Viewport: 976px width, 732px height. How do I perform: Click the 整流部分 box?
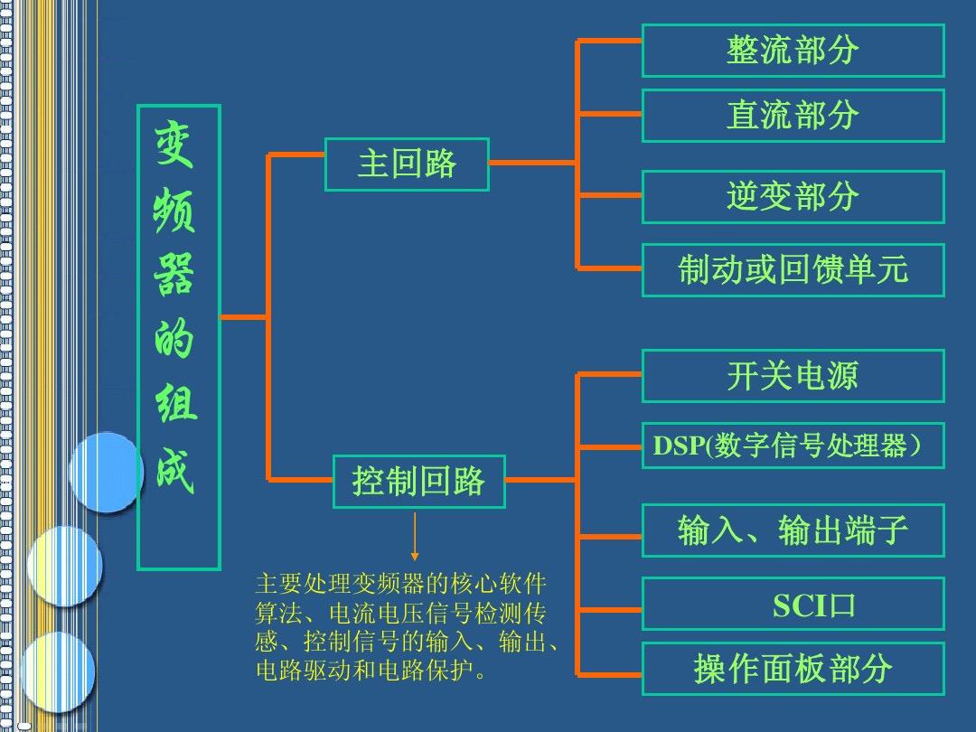pyautogui.click(x=793, y=51)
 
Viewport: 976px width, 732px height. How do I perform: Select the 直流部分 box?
pyautogui.click(x=793, y=116)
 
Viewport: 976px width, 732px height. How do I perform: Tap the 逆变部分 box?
pyautogui.click(x=793, y=197)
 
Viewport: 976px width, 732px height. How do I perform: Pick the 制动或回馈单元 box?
pyautogui.click(x=793, y=270)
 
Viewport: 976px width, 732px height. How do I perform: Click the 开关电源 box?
pyautogui.click(x=793, y=376)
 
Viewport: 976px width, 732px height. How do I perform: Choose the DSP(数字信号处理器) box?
pyautogui.click(x=793, y=446)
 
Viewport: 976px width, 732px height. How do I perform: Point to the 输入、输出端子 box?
pyautogui.click(x=793, y=530)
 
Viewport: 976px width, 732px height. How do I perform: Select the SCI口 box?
pyautogui.click(x=793, y=604)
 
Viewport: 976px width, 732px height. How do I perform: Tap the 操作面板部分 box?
pyautogui.click(x=793, y=669)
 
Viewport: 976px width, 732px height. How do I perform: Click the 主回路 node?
pyautogui.click(x=407, y=164)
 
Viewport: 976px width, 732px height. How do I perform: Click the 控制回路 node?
pyautogui.click(x=419, y=482)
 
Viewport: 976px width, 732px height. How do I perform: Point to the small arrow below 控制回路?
pyautogui.click(x=415, y=536)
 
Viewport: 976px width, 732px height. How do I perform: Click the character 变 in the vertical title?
pyautogui.click(x=174, y=144)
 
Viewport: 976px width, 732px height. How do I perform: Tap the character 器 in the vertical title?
pyautogui.click(x=174, y=274)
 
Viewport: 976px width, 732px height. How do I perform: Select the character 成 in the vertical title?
pyautogui.click(x=175, y=470)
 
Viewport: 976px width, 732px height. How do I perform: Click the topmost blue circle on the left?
pyautogui.click(x=106, y=472)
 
